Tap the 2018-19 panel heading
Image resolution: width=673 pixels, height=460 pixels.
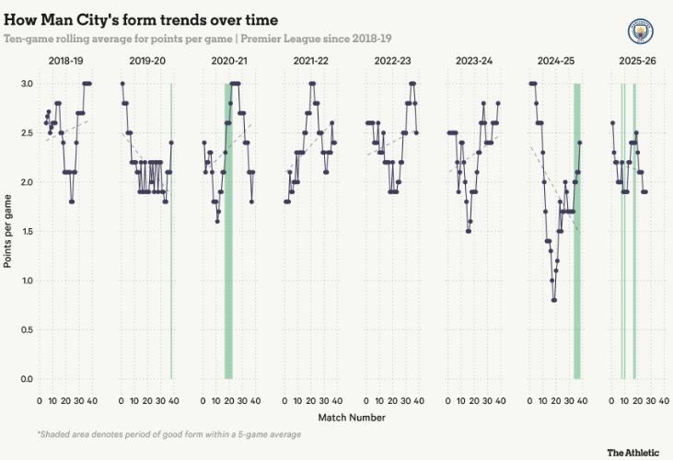67,61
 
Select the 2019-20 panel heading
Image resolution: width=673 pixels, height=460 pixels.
146,61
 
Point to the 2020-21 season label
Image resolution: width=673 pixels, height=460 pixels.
227,61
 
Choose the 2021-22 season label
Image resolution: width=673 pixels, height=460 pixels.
309,61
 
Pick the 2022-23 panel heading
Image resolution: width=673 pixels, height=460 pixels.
390,61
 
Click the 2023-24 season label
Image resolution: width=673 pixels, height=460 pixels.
472,61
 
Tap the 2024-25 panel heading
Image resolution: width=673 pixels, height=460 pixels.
553,61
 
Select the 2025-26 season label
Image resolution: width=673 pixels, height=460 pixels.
634,61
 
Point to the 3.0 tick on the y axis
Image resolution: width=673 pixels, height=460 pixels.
27,84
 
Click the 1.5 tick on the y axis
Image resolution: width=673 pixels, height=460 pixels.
27,231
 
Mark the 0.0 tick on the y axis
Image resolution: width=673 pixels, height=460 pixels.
27,379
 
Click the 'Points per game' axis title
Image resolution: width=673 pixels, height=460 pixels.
7,231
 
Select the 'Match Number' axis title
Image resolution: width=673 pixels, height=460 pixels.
352,417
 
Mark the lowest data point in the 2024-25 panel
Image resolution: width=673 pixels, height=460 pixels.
554,300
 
